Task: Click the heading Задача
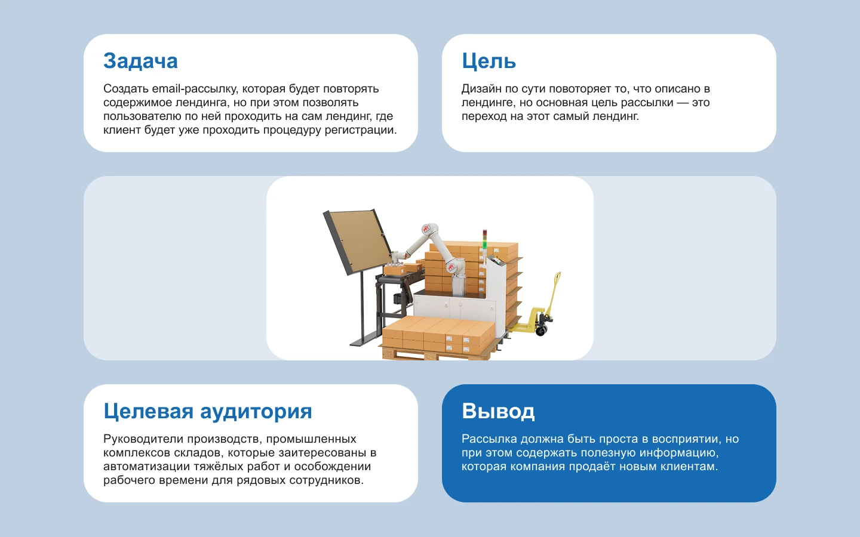click(x=140, y=61)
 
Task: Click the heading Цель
click(x=489, y=61)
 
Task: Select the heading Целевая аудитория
click(x=207, y=412)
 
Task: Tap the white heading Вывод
click(x=498, y=412)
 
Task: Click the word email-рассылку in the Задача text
click(x=195, y=89)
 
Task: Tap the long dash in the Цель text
click(x=683, y=103)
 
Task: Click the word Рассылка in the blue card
click(x=489, y=439)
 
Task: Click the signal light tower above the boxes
click(x=485, y=239)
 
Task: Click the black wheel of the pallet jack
click(x=542, y=329)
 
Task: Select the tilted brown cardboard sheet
click(x=358, y=241)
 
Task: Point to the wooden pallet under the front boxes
click(x=418, y=355)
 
